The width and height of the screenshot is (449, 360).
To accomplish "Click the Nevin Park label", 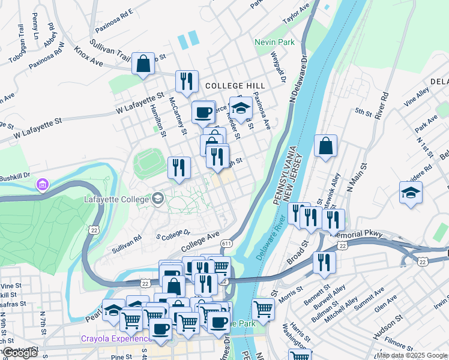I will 274,43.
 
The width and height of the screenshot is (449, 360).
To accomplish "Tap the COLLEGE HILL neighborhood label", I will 227,86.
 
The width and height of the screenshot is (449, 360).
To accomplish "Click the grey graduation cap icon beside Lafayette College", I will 158,197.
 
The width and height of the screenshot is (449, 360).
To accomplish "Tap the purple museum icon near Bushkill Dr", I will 42,183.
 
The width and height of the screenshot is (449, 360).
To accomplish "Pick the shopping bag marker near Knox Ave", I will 143,64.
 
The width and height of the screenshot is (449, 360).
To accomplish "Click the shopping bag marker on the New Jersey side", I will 325,146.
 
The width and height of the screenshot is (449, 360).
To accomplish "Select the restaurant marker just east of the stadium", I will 179,167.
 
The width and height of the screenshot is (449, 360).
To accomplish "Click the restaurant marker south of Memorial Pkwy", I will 322,262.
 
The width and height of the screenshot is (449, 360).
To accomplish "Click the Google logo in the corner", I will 20,353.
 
